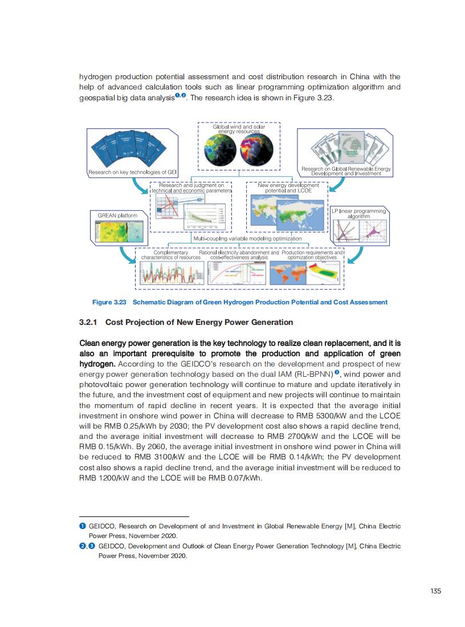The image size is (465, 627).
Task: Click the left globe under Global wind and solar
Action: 220,149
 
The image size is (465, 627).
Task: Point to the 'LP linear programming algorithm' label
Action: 358,214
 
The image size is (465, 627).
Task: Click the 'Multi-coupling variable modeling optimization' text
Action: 247,238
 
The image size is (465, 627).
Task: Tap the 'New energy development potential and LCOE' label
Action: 288,188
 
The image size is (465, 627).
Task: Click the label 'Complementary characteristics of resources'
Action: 171,255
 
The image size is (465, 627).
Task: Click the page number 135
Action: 436,591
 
